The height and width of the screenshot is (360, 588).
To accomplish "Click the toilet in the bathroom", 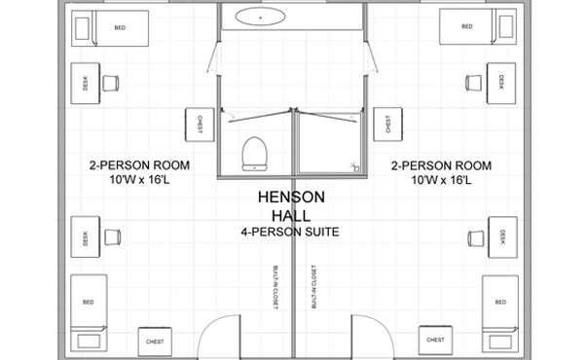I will [x=256, y=152].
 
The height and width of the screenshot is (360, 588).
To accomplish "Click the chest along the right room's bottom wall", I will [x=434, y=340].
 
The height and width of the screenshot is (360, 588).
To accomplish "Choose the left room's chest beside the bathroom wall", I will [x=199, y=124].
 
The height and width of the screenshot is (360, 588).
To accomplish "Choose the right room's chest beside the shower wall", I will [x=388, y=124].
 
